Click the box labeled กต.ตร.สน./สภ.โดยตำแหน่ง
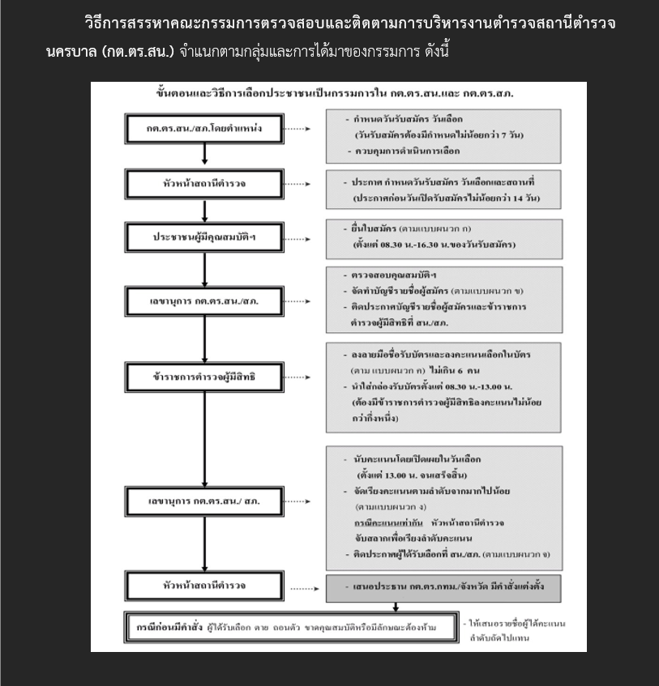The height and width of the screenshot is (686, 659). [205, 129]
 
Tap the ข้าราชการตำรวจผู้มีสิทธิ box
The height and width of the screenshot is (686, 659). [205, 378]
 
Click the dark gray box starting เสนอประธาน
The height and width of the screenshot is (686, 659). [444, 586]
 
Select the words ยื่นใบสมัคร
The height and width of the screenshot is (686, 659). [373, 229]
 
